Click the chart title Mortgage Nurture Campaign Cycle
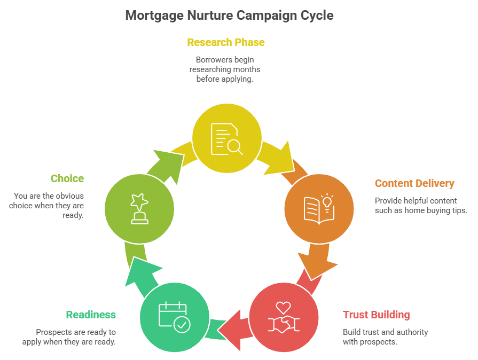point(229,15)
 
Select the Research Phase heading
point(226,42)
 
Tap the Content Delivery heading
point(414,183)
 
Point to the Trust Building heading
point(377,314)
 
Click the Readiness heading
point(91,315)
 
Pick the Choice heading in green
point(67,178)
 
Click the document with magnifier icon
point(226,138)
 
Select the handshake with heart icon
point(284,317)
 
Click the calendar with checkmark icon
point(175,317)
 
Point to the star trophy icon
point(139,208)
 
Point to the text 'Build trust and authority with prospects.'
point(385,336)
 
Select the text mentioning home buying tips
point(421,206)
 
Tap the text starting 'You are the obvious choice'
point(47,206)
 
